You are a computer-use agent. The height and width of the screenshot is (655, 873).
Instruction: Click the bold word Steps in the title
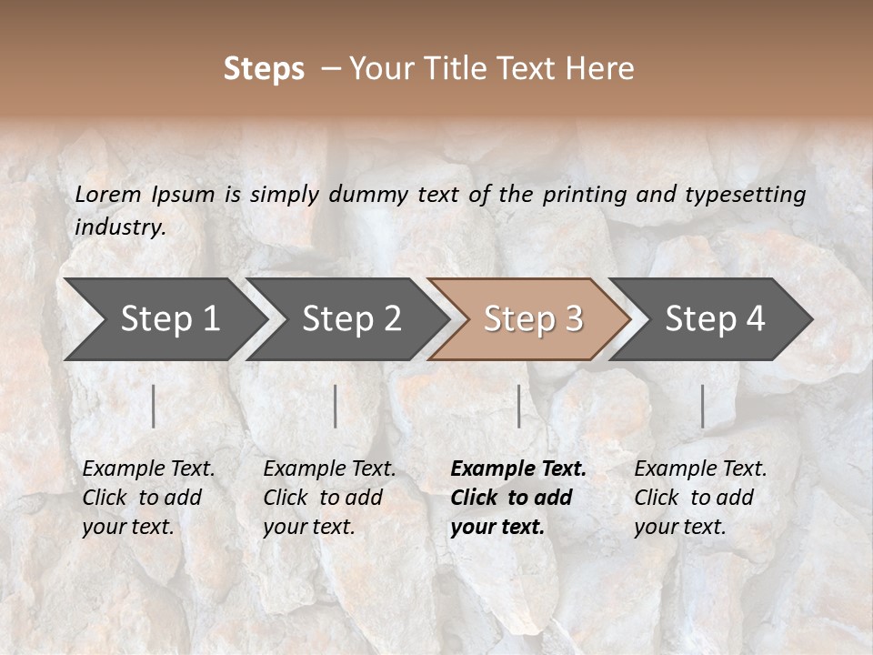pyautogui.click(x=264, y=69)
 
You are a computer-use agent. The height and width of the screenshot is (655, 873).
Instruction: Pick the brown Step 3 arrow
pyautogui.click(x=533, y=318)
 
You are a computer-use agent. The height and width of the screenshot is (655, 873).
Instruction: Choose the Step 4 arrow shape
pyautogui.click(x=715, y=318)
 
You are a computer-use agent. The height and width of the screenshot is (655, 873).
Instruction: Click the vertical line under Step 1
pyautogui.click(x=154, y=406)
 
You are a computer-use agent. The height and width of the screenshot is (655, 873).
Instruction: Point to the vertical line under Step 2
pyautogui.click(x=336, y=406)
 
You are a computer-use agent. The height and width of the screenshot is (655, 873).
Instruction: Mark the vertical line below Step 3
pyautogui.click(x=519, y=406)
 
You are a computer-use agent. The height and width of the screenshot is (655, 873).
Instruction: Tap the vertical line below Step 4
pyautogui.click(x=703, y=406)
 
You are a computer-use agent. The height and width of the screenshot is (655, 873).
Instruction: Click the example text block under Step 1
pyautogui.click(x=148, y=498)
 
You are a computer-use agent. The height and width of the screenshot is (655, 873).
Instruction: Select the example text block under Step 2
pyautogui.click(x=329, y=498)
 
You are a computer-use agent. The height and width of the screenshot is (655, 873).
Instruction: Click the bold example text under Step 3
pyautogui.click(x=518, y=498)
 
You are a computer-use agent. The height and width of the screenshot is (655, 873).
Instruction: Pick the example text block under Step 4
pyautogui.click(x=700, y=498)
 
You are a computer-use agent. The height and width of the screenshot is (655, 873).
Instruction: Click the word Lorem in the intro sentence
pyautogui.click(x=108, y=195)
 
